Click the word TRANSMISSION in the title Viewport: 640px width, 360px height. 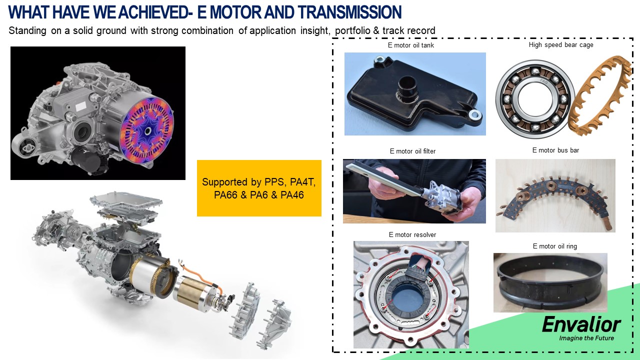(x=349, y=12)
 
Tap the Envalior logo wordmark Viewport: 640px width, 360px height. (x=581, y=324)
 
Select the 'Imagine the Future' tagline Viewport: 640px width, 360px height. (x=586, y=338)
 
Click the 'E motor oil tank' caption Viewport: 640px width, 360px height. (x=411, y=45)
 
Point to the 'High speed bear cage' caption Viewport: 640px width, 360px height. (x=561, y=45)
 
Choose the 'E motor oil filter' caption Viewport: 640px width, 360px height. (x=412, y=151)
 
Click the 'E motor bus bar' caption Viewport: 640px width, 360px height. (x=555, y=150)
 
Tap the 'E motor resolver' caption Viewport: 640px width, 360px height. (x=412, y=235)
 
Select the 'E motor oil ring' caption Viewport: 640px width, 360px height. (x=554, y=246)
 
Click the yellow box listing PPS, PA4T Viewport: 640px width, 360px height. (x=259, y=188)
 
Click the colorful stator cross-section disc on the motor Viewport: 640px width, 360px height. (x=147, y=131)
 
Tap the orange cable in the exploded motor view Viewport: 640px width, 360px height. (x=200, y=275)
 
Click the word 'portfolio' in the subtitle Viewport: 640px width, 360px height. (x=352, y=30)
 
